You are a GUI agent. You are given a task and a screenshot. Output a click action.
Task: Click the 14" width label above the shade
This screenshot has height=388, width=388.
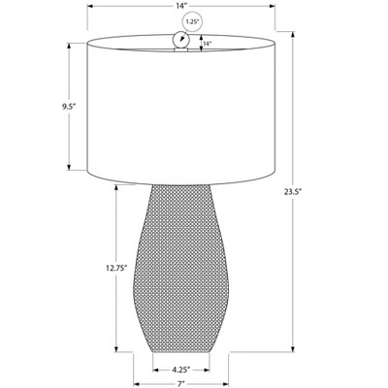pyautogui.click(x=181, y=6)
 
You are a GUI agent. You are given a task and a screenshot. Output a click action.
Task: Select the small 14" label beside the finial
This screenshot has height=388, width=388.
pyautogui.click(x=208, y=43)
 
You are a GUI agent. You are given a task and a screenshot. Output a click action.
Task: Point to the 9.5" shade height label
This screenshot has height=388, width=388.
pyautogui.click(x=69, y=107)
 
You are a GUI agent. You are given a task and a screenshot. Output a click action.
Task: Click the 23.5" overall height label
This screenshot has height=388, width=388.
pyautogui.click(x=293, y=192)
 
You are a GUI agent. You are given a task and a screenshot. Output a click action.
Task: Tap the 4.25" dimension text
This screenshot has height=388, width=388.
pyautogui.click(x=181, y=369)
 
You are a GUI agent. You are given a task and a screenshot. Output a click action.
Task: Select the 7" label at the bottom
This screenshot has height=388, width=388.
pyautogui.click(x=181, y=384)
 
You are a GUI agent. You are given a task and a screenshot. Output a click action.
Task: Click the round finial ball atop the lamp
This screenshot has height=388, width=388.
pyautogui.click(x=181, y=40)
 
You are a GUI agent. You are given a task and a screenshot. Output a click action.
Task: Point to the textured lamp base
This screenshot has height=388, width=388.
pyautogui.click(x=181, y=269)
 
